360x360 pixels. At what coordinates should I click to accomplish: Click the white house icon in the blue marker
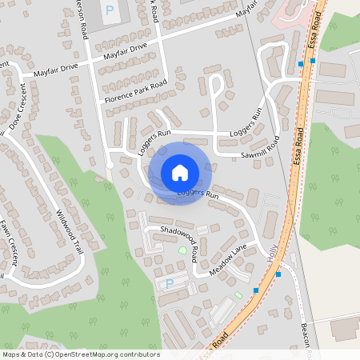click(x=180, y=172)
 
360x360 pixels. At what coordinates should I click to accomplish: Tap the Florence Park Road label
click(x=135, y=92)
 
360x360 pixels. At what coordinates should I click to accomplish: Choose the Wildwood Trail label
click(x=69, y=231)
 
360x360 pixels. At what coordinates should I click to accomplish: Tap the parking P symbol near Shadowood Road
click(x=169, y=283)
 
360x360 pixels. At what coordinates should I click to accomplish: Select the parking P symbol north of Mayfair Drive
click(x=110, y=11)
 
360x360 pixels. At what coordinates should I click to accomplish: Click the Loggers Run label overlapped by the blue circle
click(x=198, y=194)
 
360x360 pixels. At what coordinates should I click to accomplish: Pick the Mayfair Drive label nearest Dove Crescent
click(x=52, y=73)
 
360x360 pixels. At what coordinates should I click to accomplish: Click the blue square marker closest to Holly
click(x=278, y=274)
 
